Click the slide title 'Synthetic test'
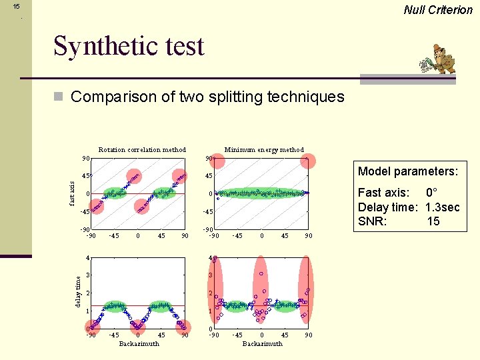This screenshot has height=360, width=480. click(129, 47)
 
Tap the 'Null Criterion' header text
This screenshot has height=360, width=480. click(438, 9)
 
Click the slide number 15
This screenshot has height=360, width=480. click(17, 6)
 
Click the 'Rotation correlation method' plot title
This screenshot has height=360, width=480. click(142, 149)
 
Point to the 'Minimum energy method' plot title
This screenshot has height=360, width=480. click(264, 149)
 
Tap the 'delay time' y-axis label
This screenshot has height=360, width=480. click(78, 292)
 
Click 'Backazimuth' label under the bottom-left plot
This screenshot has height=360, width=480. click(139, 344)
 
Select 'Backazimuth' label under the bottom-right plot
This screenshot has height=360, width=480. click(262, 344)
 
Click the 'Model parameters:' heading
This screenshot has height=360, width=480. click(407, 171)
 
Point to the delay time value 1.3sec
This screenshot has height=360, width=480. click(442, 207)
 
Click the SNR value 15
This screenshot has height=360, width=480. click(433, 221)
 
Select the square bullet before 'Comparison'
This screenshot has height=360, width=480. click(58, 97)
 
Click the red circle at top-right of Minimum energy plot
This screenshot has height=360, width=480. click(307, 160)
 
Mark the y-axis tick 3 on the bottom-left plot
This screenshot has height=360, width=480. click(87, 275)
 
